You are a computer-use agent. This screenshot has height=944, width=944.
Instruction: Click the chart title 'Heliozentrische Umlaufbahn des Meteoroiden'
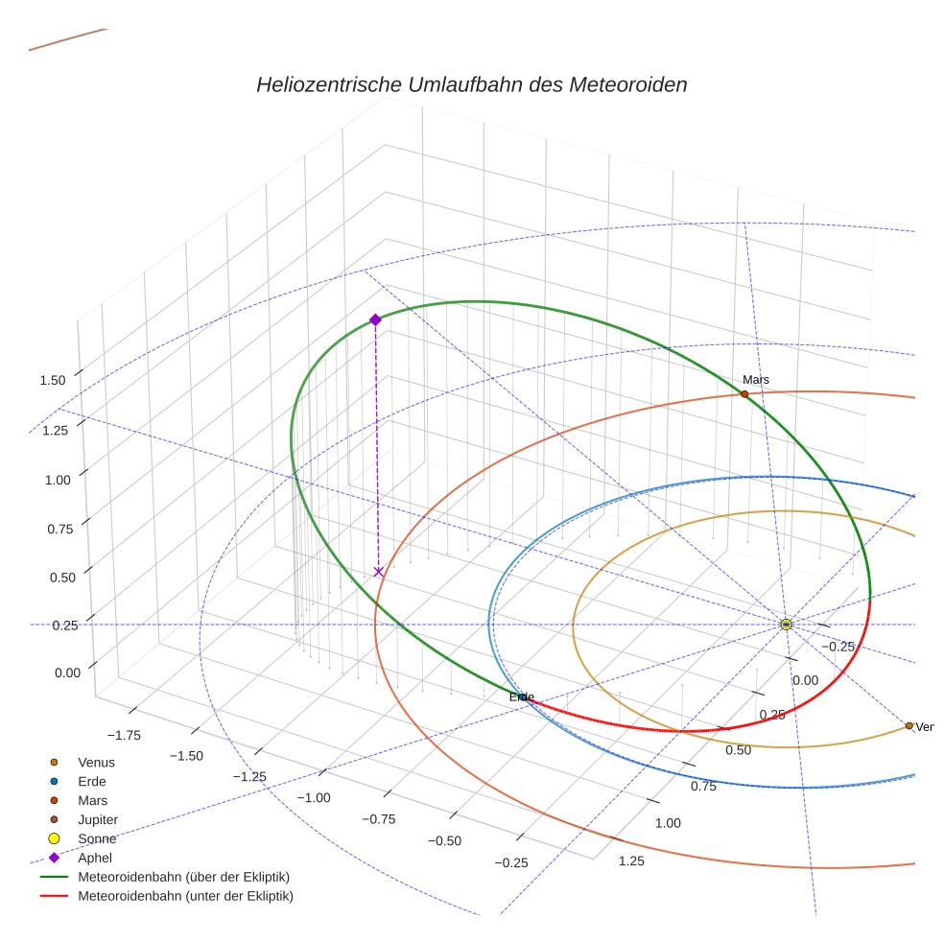pos(471,84)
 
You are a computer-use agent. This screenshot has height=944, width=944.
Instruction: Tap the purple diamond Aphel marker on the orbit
pos(375,319)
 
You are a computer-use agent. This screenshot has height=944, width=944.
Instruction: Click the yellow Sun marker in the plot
pos(786,625)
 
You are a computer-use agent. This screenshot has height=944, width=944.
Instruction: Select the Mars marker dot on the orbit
pos(744,394)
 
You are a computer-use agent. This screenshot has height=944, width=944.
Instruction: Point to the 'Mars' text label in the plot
pos(756,380)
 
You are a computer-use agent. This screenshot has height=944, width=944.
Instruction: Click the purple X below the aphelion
pos(378,572)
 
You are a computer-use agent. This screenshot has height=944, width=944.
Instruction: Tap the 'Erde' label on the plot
pos(521,696)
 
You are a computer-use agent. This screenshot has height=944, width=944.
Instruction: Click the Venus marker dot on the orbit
pos(909,725)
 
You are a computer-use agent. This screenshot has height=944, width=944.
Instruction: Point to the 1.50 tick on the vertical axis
pos(53,380)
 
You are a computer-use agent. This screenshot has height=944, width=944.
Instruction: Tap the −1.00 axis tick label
pos(313,798)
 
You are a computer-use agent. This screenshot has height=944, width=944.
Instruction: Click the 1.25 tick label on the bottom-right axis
pos(631,861)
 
